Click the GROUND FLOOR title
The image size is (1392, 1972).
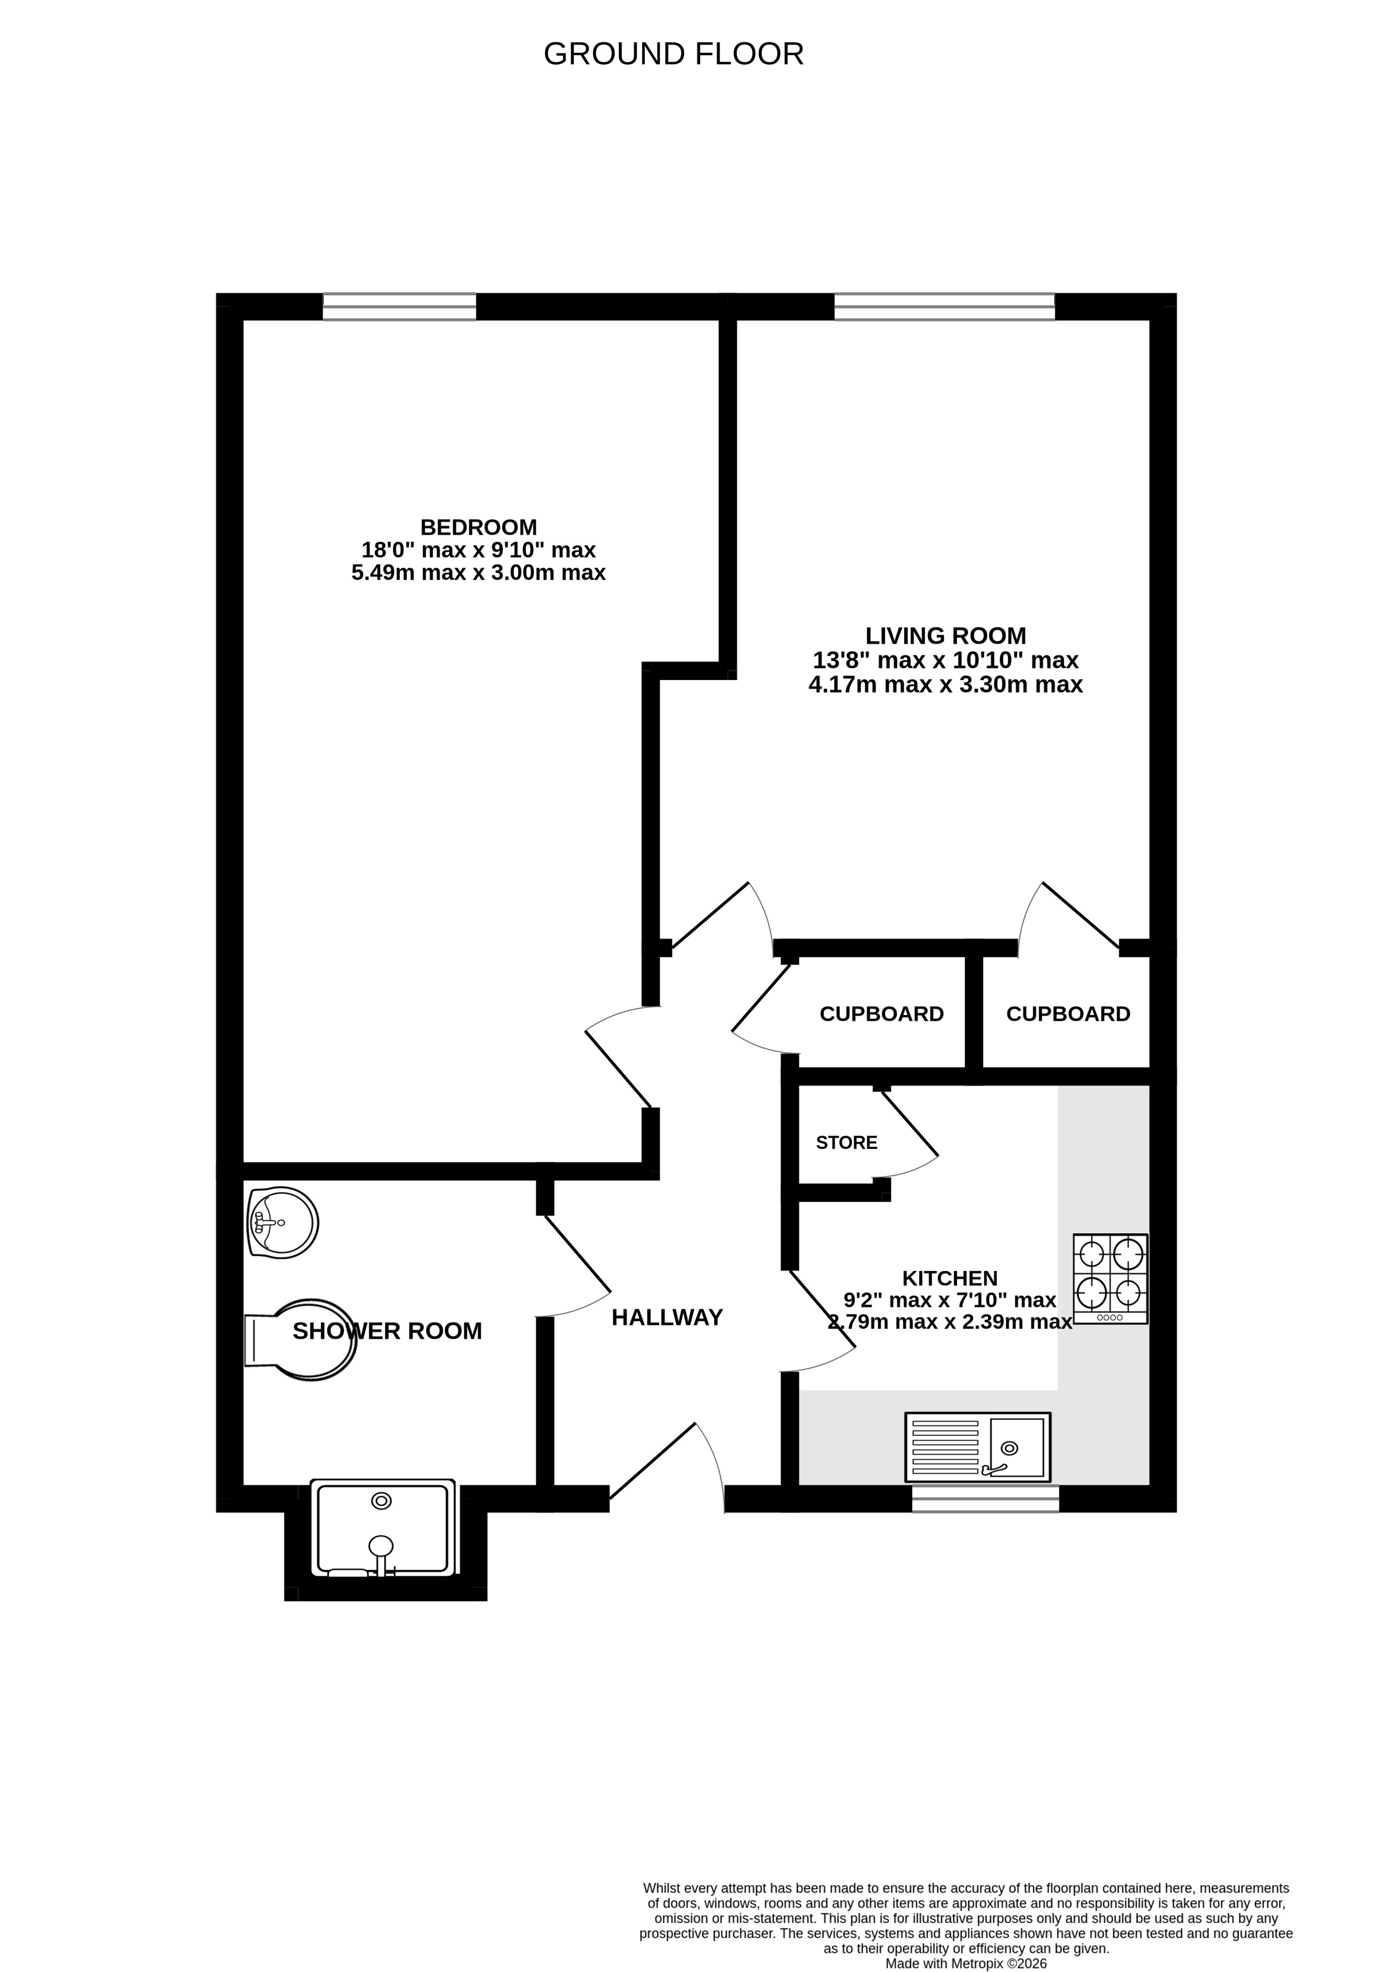(673, 54)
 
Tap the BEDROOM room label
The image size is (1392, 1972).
(478, 527)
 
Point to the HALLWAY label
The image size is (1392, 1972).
(667, 1317)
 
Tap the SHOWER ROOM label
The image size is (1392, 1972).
(388, 1331)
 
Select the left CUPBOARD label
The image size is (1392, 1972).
(881, 1014)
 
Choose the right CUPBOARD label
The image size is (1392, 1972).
(1068, 1014)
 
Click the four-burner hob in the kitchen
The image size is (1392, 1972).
(1109, 1279)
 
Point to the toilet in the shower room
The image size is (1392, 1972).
(301, 1339)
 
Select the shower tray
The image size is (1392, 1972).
(382, 1528)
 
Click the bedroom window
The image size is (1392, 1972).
(399, 306)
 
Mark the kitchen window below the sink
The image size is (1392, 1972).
(985, 1499)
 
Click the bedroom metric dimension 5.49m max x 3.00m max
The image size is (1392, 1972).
(478, 572)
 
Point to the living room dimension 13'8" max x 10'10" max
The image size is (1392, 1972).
(945, 660)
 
